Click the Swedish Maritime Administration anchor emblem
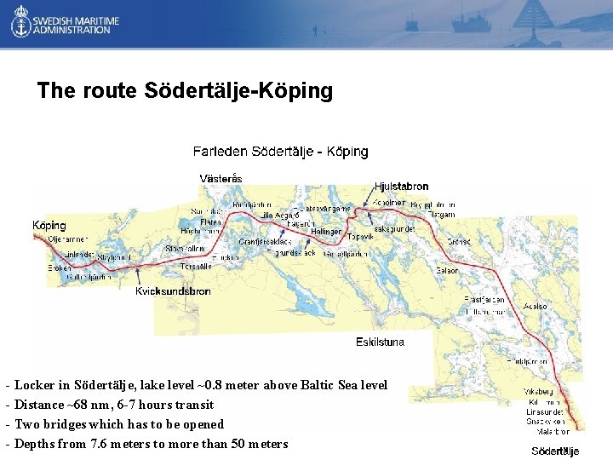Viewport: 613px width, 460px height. (x=20, y=23)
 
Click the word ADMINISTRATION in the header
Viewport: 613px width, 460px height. (x=72, y=30)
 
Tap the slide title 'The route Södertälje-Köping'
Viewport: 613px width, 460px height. (x=185, y=90)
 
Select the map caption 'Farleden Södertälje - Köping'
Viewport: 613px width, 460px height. (x=280, y=152)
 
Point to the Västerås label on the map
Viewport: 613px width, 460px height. (x=221, y=179)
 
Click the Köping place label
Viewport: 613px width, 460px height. (x=49, y=226)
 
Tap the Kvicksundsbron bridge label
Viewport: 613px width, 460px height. (x=173, y=291)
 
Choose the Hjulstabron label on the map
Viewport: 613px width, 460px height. (x=401, y=187)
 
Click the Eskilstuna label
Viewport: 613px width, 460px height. (x=380, y=342)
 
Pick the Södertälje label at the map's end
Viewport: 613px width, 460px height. (x=555, y=451)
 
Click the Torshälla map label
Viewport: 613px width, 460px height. (x=195, y=266)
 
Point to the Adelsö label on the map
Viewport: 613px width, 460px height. (x=536, y=306)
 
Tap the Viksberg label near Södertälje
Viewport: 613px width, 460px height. (x=537, y=392)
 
